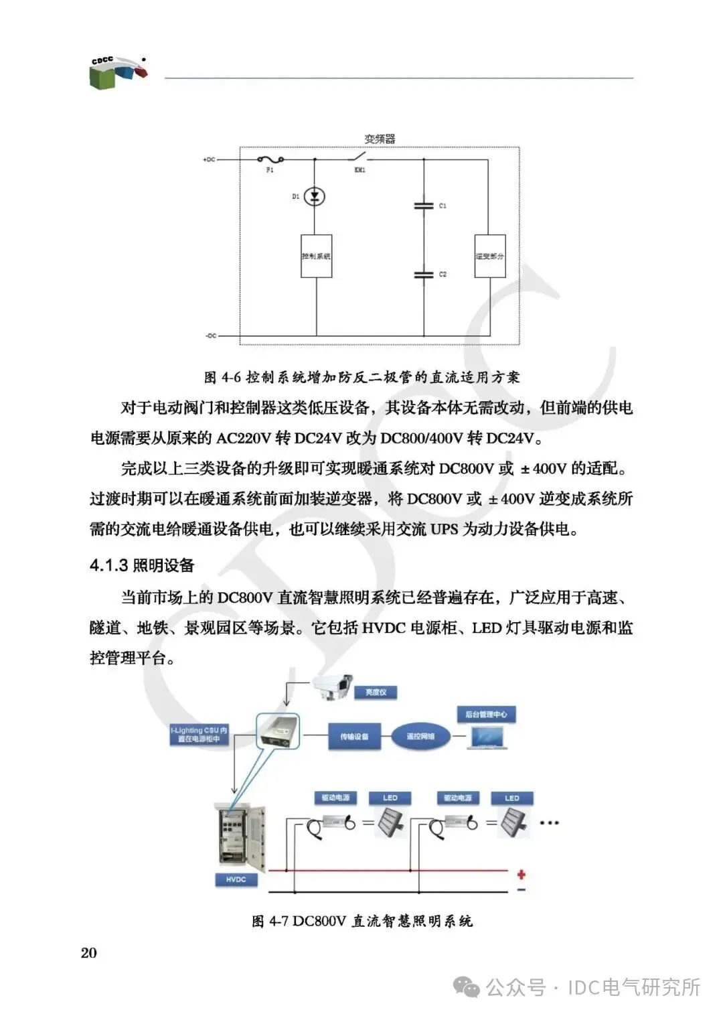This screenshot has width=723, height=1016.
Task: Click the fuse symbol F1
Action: pyautogui.click(x=270, y=159)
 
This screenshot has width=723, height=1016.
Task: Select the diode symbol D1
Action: pyautogui.click(x=315, y=196)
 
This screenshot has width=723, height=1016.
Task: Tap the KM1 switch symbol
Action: pyautogui.click(x=359, y=158)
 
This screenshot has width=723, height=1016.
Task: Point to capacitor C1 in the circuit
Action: pyautogui.click(x=424, y=206)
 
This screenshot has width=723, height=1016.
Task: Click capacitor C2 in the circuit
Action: pyautogui.click(x=424, y=274)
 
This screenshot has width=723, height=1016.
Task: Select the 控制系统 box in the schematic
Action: pyautogui.click(x=316, y=256)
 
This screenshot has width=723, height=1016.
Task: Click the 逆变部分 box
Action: pyautogui.click(x=490, y=256)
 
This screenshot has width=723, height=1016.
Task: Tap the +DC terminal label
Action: pyautogui.click(x=209, y=160)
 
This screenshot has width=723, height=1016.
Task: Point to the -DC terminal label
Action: pyautogui.click(x=210, y=336)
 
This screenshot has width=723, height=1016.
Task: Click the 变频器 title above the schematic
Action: pyautogui.click(x=380, y=139)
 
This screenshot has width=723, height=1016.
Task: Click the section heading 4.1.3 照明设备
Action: pyautogui.click(x=142, y=565)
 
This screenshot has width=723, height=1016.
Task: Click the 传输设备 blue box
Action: pyautogui.click(x=354, y=736)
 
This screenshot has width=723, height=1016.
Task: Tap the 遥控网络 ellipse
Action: pyautogui.click(x=420, y=736)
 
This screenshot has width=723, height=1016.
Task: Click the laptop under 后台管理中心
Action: pyautogui.click(x=487, y=737)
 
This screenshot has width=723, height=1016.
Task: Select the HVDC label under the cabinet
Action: pyautogui.click(x=236, y=879)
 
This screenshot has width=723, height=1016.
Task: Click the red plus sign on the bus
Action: pyautogui.click(x=521, y=874)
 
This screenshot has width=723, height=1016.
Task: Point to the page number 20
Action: pyautogui.click(x=88, y=953)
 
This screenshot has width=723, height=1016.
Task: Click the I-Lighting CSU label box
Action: pyautogui.click(x=199, y=735)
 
